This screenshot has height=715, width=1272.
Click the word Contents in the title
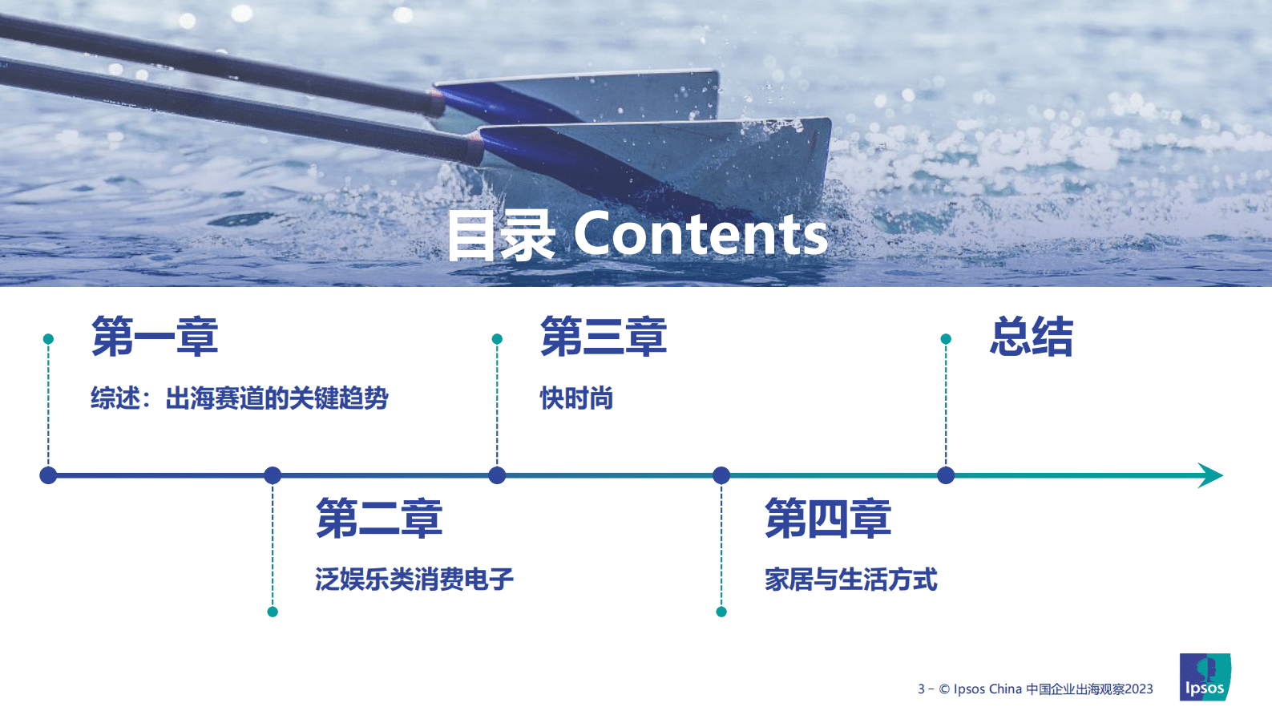[700, 235]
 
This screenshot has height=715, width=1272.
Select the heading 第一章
[155, 336]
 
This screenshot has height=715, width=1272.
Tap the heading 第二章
[379, 518]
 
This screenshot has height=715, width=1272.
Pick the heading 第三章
[604, 336]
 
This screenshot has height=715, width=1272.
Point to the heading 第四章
[828, 518]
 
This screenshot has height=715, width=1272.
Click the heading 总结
[1031, 336]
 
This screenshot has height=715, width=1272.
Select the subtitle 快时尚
[576, 398]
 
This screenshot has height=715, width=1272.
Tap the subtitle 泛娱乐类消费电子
[414, 579]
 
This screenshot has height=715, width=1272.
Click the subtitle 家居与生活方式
[850, 579]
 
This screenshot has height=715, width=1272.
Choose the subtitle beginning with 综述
[239, 398]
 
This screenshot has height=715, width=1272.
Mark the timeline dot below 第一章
[48, 475]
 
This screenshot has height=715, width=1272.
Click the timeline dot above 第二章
[273, 475]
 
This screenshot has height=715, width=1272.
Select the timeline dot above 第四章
[721, 475]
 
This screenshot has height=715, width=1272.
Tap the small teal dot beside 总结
[946, 339]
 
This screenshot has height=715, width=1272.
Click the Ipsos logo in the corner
[1205, 677]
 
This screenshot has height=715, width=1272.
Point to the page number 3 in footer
[921, 689]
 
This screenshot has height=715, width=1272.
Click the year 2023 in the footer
[1138, 689]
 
